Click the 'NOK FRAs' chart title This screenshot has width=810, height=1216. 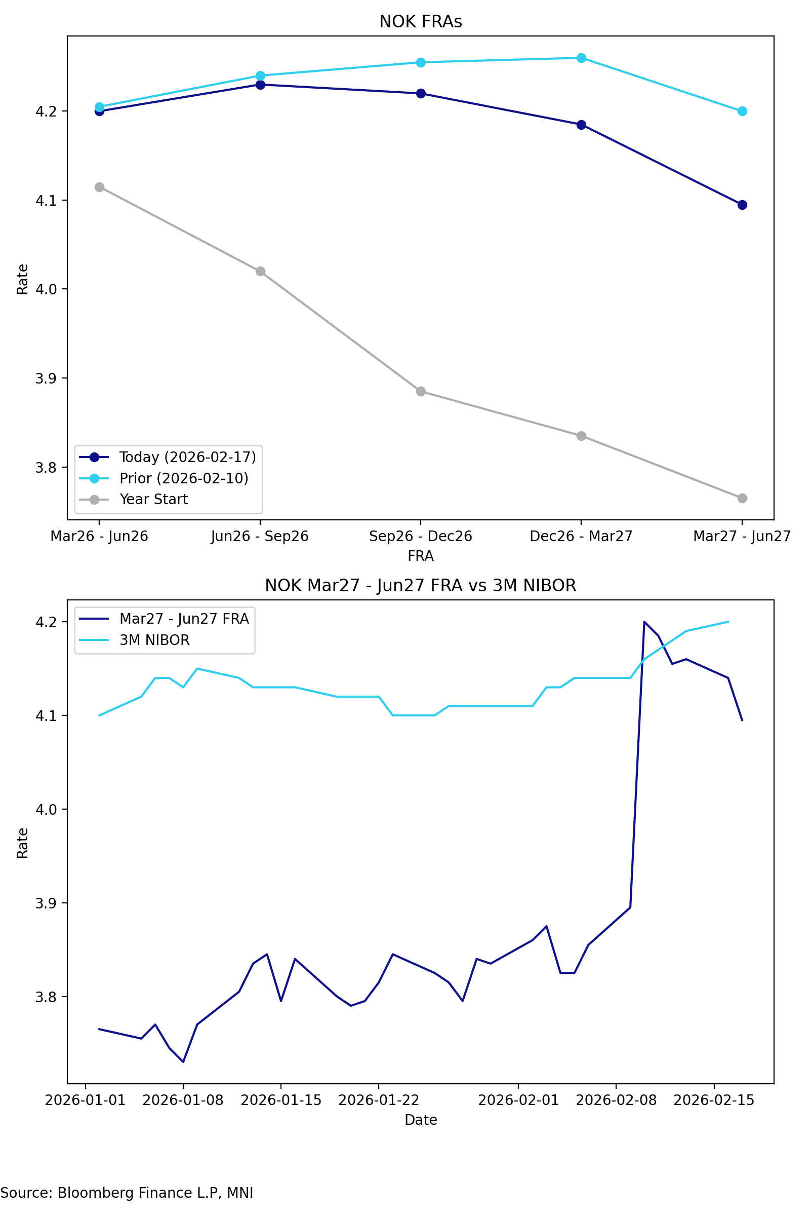(421, 22)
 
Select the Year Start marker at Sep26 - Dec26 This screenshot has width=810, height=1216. (421, 391)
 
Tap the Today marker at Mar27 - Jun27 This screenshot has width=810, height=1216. (742, 205)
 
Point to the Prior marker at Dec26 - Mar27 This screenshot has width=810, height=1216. (581, 58)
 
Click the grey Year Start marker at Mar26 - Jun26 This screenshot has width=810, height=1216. (99, 187)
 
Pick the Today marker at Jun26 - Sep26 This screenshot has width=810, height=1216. (260, 85)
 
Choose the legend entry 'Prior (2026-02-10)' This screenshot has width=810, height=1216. (183, 478)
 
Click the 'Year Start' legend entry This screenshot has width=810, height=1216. (153, 500)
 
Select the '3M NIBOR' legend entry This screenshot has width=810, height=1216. (154, 640)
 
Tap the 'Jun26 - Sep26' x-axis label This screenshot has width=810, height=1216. (260, 536)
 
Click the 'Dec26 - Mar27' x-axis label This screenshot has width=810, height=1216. (581, 536)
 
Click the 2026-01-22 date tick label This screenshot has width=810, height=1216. (379, 1100)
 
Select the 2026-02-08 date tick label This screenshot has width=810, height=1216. (616, 1100)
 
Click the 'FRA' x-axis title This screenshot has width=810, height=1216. (421, 556)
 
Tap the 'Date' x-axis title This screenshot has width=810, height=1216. (421, 1120)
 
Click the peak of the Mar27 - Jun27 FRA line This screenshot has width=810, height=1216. (644, 622)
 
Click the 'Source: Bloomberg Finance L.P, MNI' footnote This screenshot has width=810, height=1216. (127, 1193)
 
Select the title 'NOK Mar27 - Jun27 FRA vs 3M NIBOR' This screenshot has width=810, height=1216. (421, 586)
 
